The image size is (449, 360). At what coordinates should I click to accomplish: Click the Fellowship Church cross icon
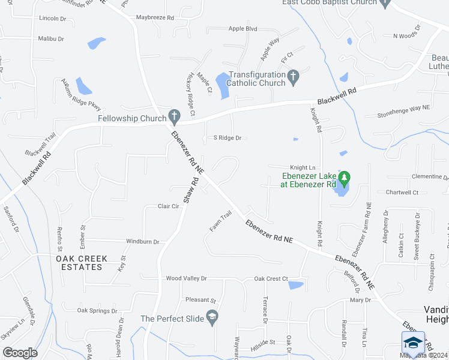174,115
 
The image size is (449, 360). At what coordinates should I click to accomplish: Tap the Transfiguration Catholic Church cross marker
293,76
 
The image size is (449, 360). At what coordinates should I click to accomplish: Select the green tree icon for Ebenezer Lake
344,178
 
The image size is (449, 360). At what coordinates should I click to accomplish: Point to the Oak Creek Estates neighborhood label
82,263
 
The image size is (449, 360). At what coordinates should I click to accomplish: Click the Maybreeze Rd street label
154,17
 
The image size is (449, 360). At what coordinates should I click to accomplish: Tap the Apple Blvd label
243,28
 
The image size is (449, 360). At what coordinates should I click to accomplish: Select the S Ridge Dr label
228,138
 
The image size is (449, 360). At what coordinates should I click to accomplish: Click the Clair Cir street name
169,206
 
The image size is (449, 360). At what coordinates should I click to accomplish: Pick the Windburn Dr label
142,242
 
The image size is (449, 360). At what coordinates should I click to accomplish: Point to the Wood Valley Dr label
186,279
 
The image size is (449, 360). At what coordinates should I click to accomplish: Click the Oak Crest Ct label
271,279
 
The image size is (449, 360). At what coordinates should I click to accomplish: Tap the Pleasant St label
200,300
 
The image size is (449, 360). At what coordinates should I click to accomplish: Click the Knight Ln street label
303,167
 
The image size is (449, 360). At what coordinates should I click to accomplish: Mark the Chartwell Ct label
402,193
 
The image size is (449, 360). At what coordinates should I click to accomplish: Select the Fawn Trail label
220,221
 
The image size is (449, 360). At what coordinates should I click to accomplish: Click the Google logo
20,352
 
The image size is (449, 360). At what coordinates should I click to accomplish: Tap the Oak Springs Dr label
97,311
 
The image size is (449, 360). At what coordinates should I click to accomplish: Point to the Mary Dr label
360,300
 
